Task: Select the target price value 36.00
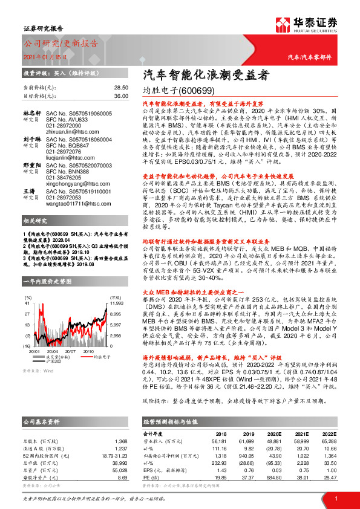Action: pos(121,96)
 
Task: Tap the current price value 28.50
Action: pos(121,88)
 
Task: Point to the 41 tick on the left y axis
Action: pos(27,307)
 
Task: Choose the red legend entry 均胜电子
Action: pos(85,357)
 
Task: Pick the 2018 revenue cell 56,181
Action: pos(227,441)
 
